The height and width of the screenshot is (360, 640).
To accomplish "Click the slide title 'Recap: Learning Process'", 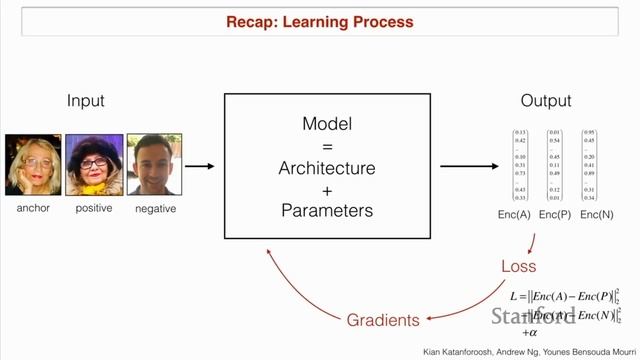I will (x=320, y=21).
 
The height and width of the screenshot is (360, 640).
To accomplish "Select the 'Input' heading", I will (x=85, y=101).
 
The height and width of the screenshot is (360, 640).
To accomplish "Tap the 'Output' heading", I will (x=546, y=101).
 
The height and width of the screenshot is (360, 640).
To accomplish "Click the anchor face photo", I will (x=33, y=165).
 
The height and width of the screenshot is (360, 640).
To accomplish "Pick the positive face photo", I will (x=94, y=165).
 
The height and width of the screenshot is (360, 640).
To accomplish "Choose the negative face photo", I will (x=155, y=165).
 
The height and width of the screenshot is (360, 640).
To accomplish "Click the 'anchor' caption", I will (x=33, y=208).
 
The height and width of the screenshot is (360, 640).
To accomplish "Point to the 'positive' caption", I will (x=94, y=208).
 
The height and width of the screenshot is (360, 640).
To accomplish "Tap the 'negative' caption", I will (x=155, y=208).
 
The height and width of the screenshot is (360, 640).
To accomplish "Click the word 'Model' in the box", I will (x=327, y=123).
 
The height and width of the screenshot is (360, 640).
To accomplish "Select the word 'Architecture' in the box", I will (x=327, y=167).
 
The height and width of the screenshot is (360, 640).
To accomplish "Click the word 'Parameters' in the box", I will (x=327, y=210).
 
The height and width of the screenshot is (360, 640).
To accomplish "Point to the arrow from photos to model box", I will (x=200, y=167).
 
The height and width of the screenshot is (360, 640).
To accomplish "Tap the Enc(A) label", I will (x=520, y=215).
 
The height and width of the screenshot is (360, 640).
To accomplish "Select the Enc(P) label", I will (x=555, y=215).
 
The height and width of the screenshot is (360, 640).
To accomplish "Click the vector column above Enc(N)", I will (x=590, y=164).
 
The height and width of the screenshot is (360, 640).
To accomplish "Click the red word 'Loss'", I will (x=518, y=266).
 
